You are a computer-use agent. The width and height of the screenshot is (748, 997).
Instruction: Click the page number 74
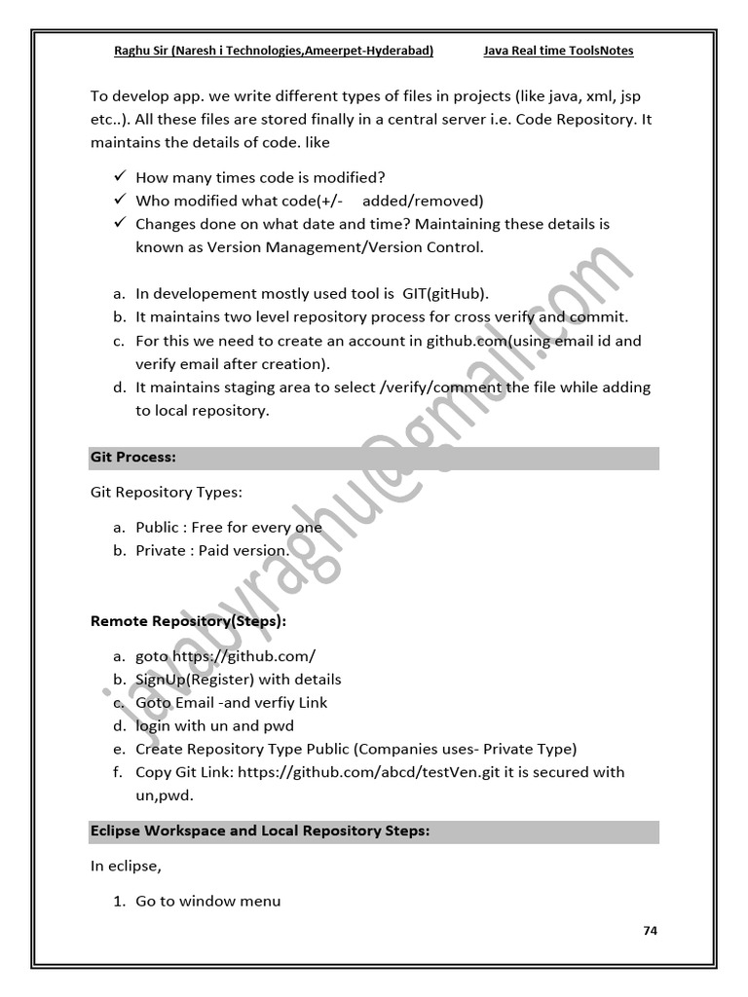coord(651,931)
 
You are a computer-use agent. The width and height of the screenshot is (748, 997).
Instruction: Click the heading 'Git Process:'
coord(132,457)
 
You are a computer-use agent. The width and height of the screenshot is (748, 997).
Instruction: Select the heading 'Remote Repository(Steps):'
coord(189,620)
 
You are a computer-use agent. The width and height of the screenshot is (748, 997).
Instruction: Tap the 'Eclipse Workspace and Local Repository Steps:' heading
coord(260,831)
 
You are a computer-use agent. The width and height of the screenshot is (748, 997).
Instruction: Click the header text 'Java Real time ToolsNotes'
coord(558,51)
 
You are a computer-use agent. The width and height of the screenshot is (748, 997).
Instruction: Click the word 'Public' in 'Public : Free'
coord(157,527)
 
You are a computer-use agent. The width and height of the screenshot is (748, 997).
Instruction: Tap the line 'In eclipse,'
coord(126,865)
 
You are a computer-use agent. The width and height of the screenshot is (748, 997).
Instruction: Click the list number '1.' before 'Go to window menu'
coord(119,901)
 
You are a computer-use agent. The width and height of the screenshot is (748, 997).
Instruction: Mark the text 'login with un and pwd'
coord(214,725)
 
